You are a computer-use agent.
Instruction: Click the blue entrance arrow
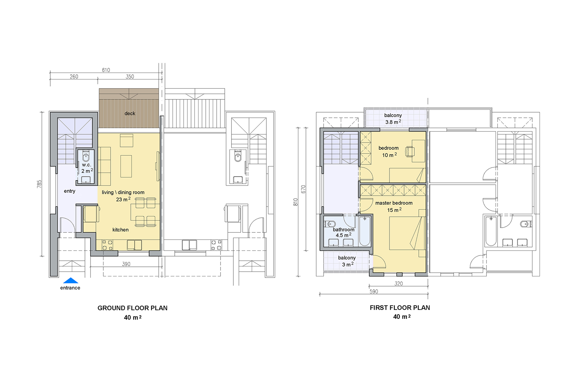tap(71, 281)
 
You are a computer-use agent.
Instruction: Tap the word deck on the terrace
tap(130, 114)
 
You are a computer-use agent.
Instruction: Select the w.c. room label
tap(87, 165)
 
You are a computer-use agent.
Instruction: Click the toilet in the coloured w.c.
tap(86, 156)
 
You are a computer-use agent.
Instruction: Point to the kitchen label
tap(121, 230)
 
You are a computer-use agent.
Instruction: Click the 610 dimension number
tap(106, 70)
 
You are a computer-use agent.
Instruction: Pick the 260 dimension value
tap(74, 77)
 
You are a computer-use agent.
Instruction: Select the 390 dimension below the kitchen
tap(126, 264)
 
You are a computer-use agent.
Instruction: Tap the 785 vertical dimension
tap(39, 184)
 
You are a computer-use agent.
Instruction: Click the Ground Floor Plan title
tap(132, 308)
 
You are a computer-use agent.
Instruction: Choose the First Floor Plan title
tap(400, 308)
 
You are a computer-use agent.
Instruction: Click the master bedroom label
tap(394, 203)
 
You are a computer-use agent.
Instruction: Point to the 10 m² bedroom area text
tap(389, 155)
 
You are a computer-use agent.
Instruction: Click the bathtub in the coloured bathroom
tap(365, 231)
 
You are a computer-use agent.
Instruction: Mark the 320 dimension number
tap(399, 283)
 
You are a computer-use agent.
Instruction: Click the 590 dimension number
tap(374, 291)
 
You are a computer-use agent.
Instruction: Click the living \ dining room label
tap(123, 192)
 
